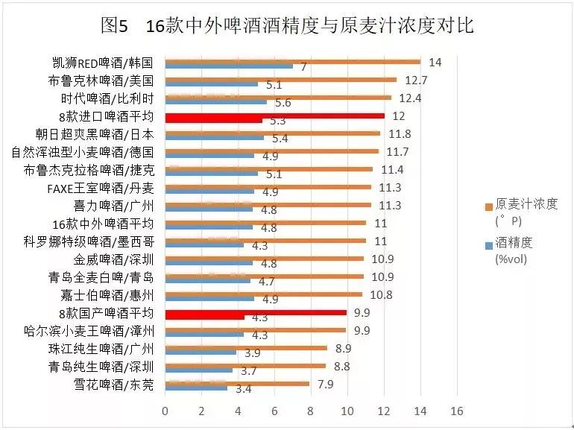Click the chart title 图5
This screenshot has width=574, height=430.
pyautogui.click(x=116, y=27)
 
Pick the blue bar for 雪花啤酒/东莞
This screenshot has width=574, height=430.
pyautogui.click(x=195, y=388)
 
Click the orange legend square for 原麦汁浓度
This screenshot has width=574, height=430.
pyautogui.click(x=488, y=206)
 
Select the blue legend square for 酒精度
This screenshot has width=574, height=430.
pyautogui.click(x=488, y=244)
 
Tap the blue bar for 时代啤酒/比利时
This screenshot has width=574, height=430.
pyautogui.click(x=215, y=101)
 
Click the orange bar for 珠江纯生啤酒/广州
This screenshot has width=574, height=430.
pyautogui.click(x=245, y=347)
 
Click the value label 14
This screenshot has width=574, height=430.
pyautogui.click(x=435, y=62)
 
